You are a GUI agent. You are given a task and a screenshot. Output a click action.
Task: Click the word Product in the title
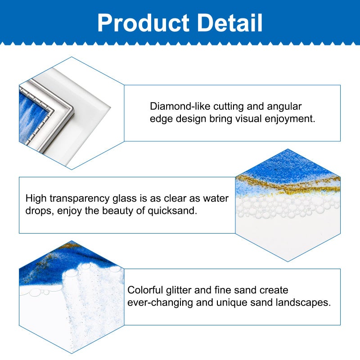(144, 22)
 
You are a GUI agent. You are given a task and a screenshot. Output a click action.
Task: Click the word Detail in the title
(230, 22)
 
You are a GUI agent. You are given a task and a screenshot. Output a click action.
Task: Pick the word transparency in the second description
(80, 198)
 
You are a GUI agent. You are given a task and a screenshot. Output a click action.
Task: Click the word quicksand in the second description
(172, 211)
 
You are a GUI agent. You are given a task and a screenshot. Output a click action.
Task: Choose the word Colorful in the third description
(145, 290)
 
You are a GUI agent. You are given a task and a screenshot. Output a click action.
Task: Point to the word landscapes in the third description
(303, 302)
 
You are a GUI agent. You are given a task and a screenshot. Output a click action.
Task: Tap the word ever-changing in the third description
(160, 302)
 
